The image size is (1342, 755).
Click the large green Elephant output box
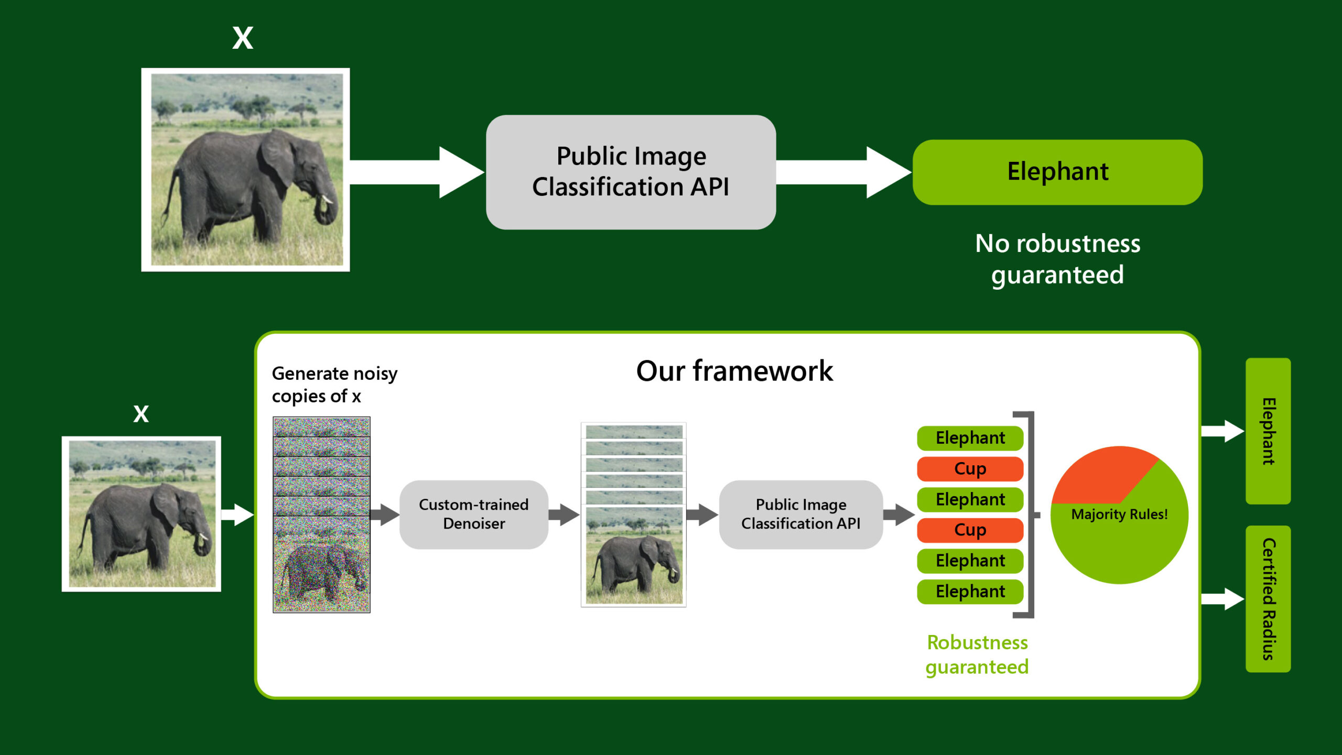pos(1057,172)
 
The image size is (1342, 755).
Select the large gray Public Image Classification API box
pos(631,172)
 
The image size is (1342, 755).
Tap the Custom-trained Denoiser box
pos(473,514)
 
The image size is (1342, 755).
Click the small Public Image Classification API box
pos(800,514)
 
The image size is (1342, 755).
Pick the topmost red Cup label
pos(970,468)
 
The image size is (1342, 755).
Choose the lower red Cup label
pos(970,530)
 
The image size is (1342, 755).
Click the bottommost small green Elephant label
pos(970,592)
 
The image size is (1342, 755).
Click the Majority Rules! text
pos(1119,514)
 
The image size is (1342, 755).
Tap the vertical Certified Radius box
pos(1268,599)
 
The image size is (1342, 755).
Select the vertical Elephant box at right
pos(1268,431)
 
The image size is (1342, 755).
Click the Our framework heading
pos(734,371)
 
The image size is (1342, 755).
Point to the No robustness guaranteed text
pos(1057,259)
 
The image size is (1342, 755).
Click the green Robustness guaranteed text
pos(977,654)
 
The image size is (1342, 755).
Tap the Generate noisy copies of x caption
pos(334,385)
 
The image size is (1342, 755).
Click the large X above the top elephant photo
pos(243,38)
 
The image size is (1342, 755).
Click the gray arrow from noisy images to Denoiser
pos(385,514)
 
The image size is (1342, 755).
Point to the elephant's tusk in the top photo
pos(327,199)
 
